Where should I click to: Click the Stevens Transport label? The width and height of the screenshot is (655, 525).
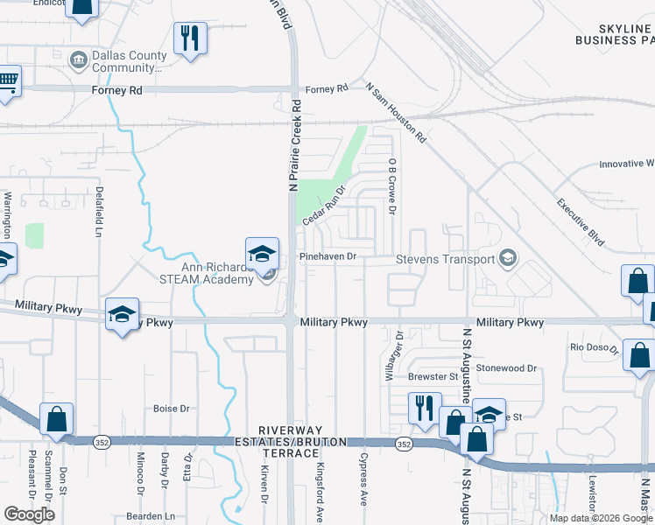[x=445, y=259]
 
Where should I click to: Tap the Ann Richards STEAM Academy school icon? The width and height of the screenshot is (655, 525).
[x=262, y=254]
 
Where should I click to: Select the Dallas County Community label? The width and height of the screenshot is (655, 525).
[x=128, y=60]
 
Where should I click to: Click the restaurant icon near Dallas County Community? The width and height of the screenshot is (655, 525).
[x=189, y=38]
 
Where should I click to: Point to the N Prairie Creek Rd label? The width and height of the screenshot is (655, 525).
[x=296, y=145]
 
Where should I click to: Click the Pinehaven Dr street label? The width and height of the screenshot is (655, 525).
[x=328, y=256]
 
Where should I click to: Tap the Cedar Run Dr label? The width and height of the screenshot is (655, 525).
[x=326, y=204]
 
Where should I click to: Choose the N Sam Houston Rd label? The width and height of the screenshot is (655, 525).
[x=396, y=113]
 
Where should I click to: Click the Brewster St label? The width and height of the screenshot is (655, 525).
[x=433, y=377]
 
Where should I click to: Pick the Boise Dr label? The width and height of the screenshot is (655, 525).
[x=172, y=409]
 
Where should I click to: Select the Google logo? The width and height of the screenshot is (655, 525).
[x=29, y=514]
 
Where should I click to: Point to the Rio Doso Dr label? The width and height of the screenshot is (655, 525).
[x=595, y=347]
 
